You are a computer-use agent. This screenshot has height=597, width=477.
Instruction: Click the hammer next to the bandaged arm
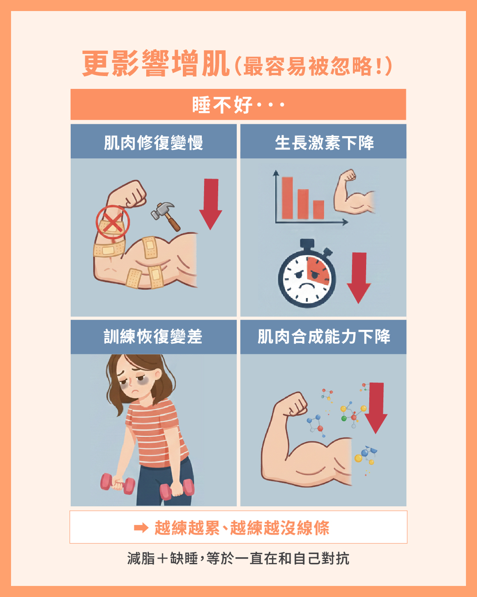point(165,216)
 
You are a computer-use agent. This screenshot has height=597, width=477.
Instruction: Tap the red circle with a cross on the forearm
point(113,222)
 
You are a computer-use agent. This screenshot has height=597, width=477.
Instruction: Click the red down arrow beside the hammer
point(211,204)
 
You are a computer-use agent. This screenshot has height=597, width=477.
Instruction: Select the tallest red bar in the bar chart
point(287,198)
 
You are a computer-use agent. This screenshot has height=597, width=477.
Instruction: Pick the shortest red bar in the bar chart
point(318,210)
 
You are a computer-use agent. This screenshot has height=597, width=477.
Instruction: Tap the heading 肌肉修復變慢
point(154,142)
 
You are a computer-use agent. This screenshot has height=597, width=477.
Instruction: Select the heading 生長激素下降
point(324,142)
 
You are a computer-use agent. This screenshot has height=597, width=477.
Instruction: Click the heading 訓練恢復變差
point(153,337)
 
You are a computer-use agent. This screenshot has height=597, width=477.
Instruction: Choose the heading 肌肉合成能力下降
point(324,337)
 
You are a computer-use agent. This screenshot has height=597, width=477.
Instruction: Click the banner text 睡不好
point(222,105)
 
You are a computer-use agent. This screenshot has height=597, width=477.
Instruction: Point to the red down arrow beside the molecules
point(376,408)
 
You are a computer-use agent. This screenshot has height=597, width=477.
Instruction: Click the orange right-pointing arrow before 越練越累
point(141,528)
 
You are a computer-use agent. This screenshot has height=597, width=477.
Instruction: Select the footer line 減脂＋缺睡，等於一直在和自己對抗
point(238,559)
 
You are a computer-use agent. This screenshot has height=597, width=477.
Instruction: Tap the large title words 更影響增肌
point(156,64)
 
